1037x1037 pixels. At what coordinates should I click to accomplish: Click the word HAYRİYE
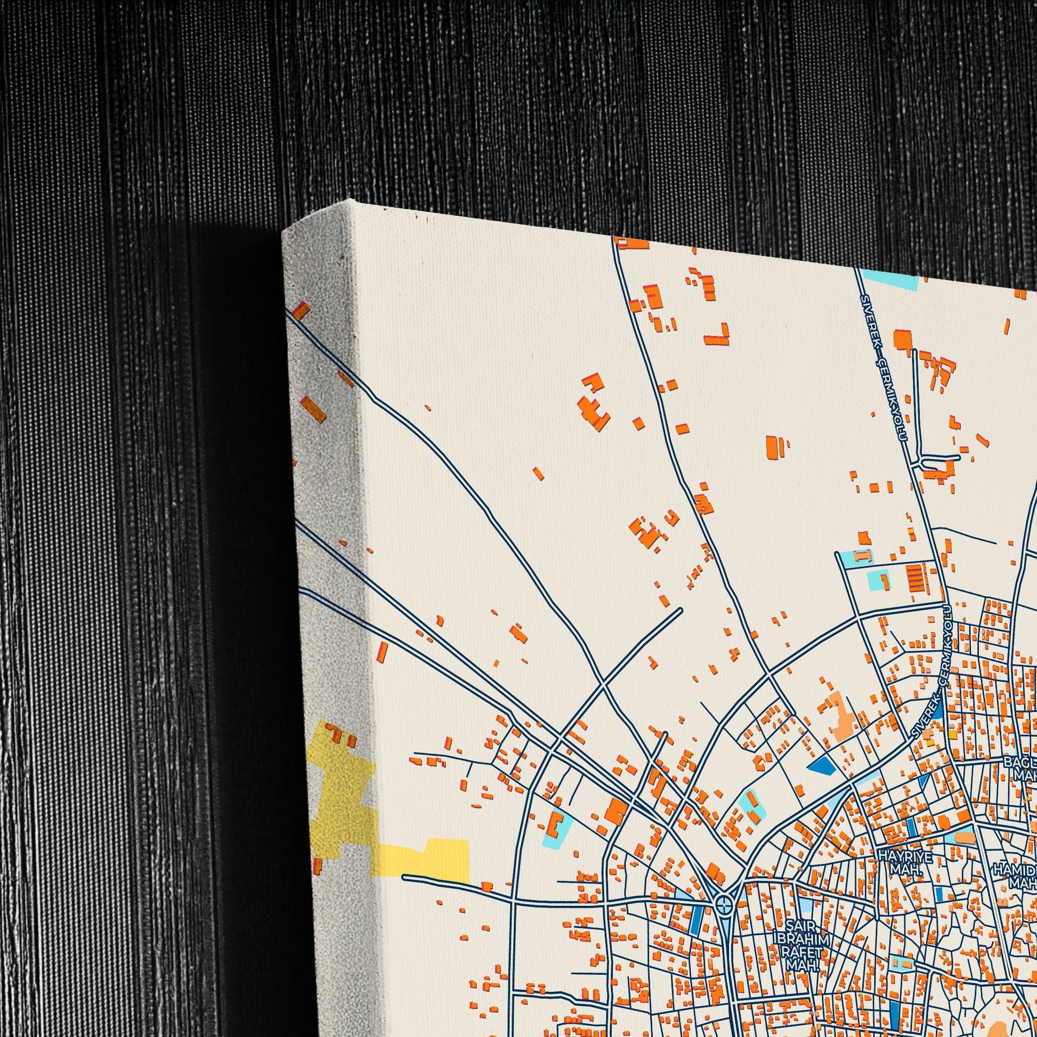(x=897, y=856)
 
